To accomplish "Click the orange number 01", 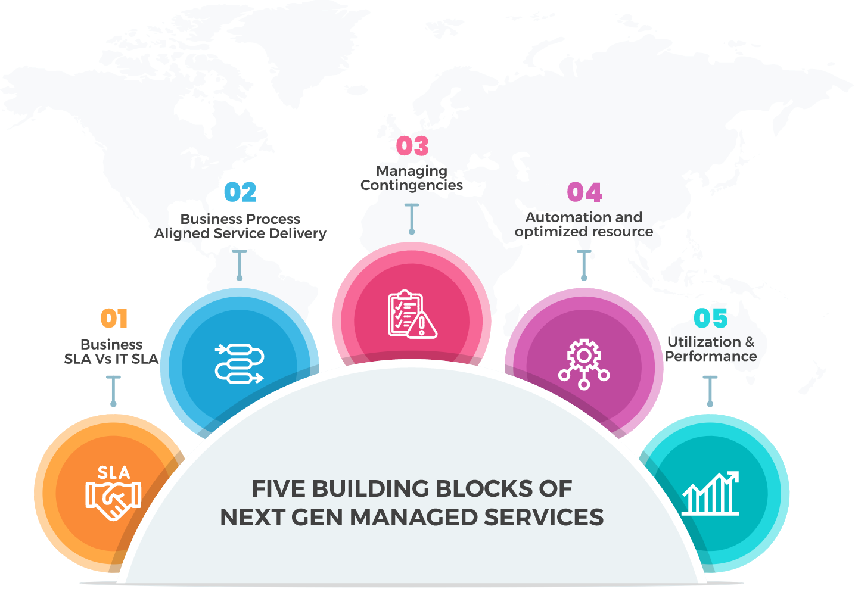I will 114,318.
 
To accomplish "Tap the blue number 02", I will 240,192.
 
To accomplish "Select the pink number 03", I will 412,146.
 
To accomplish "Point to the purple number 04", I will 584,192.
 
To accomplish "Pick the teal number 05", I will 710,318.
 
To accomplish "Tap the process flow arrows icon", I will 239,363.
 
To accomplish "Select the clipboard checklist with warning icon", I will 412,315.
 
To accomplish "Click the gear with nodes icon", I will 584,363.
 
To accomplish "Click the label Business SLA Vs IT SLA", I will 111,351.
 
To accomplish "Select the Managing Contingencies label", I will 412,178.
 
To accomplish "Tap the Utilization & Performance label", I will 711,349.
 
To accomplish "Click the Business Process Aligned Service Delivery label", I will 240,226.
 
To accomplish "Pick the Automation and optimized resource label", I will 584,225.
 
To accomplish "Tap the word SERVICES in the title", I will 543,517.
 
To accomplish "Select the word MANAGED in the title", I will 413,517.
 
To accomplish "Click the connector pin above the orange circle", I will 113,391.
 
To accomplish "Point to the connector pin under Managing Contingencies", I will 412,218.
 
